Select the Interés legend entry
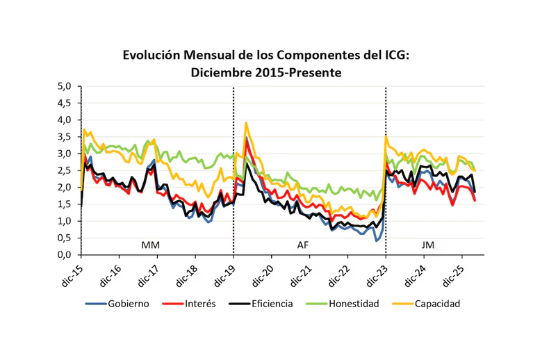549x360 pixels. coord(194,304)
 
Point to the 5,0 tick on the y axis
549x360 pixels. coord(65,86)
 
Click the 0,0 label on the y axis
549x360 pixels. coord(65,255)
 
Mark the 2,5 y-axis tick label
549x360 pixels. coord(65,171)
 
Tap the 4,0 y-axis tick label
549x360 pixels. coord(65,120)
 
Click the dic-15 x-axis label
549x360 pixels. coord(72,272)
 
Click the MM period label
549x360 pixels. coord(150,245)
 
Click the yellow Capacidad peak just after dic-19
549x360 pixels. coord(246,123)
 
